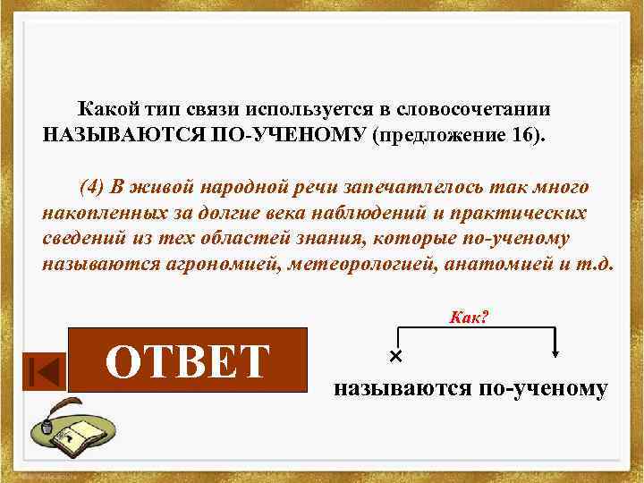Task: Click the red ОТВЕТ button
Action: (x=188, y=360)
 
